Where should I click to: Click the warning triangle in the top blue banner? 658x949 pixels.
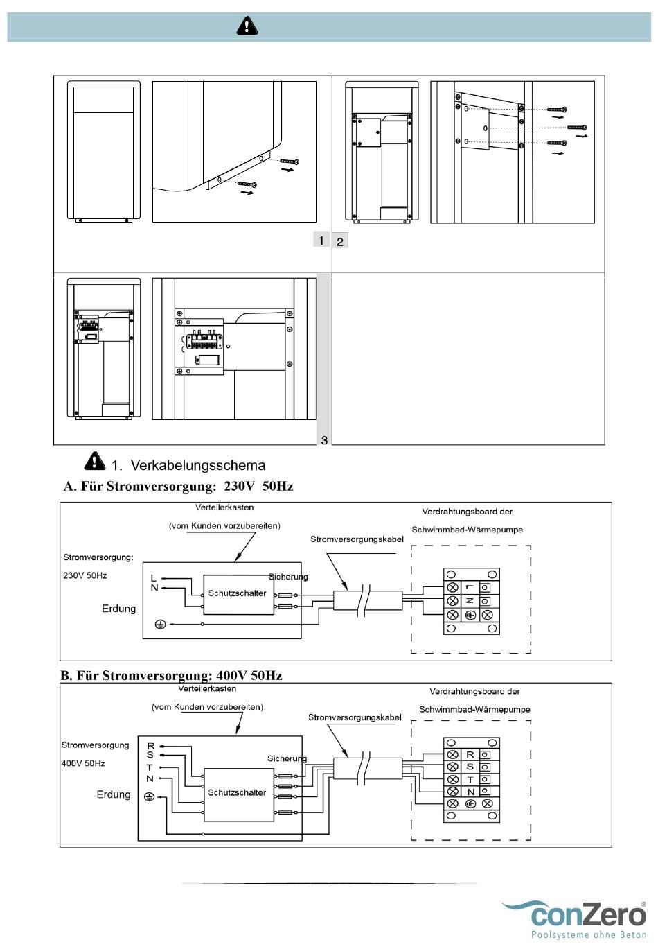point(247,25)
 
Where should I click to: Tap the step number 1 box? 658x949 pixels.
point(321,241)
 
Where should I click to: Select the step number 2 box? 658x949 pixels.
point(340,241)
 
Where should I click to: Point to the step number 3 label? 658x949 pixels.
point(324,440)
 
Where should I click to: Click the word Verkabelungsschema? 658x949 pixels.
point(197,465)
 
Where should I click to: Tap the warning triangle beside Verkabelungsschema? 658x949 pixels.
point(95,461)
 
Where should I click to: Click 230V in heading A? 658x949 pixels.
point(240,486)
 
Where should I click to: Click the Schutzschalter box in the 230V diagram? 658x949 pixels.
point(239,594)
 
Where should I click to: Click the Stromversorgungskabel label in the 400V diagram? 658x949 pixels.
point(355,717)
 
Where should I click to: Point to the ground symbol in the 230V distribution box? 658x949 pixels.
point(160,624)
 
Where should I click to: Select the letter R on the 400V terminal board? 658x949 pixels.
point(470,754)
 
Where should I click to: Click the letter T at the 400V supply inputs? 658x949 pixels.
point(150,767)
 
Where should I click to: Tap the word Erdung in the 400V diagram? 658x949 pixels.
point(114,794)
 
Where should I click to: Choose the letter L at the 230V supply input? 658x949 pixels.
point(153,578)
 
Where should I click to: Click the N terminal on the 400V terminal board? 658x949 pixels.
point(470,792)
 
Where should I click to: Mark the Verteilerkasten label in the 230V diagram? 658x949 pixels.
point(224,507)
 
